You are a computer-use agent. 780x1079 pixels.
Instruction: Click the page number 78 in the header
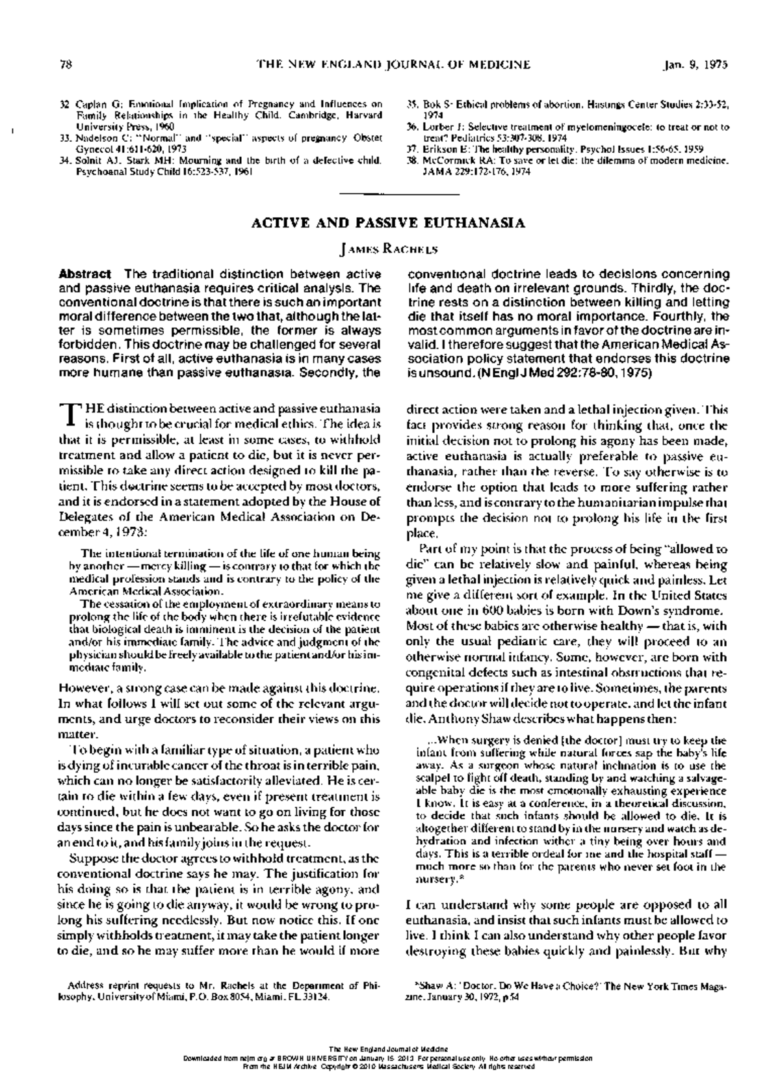point(64,64)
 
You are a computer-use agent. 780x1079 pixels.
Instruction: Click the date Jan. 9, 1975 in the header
point(695,64)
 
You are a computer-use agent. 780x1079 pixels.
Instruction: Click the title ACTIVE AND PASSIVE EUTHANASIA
point(389,223)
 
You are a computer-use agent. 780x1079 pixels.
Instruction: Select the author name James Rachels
point(389,248)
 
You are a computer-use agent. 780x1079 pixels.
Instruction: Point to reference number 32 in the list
point(64,103)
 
